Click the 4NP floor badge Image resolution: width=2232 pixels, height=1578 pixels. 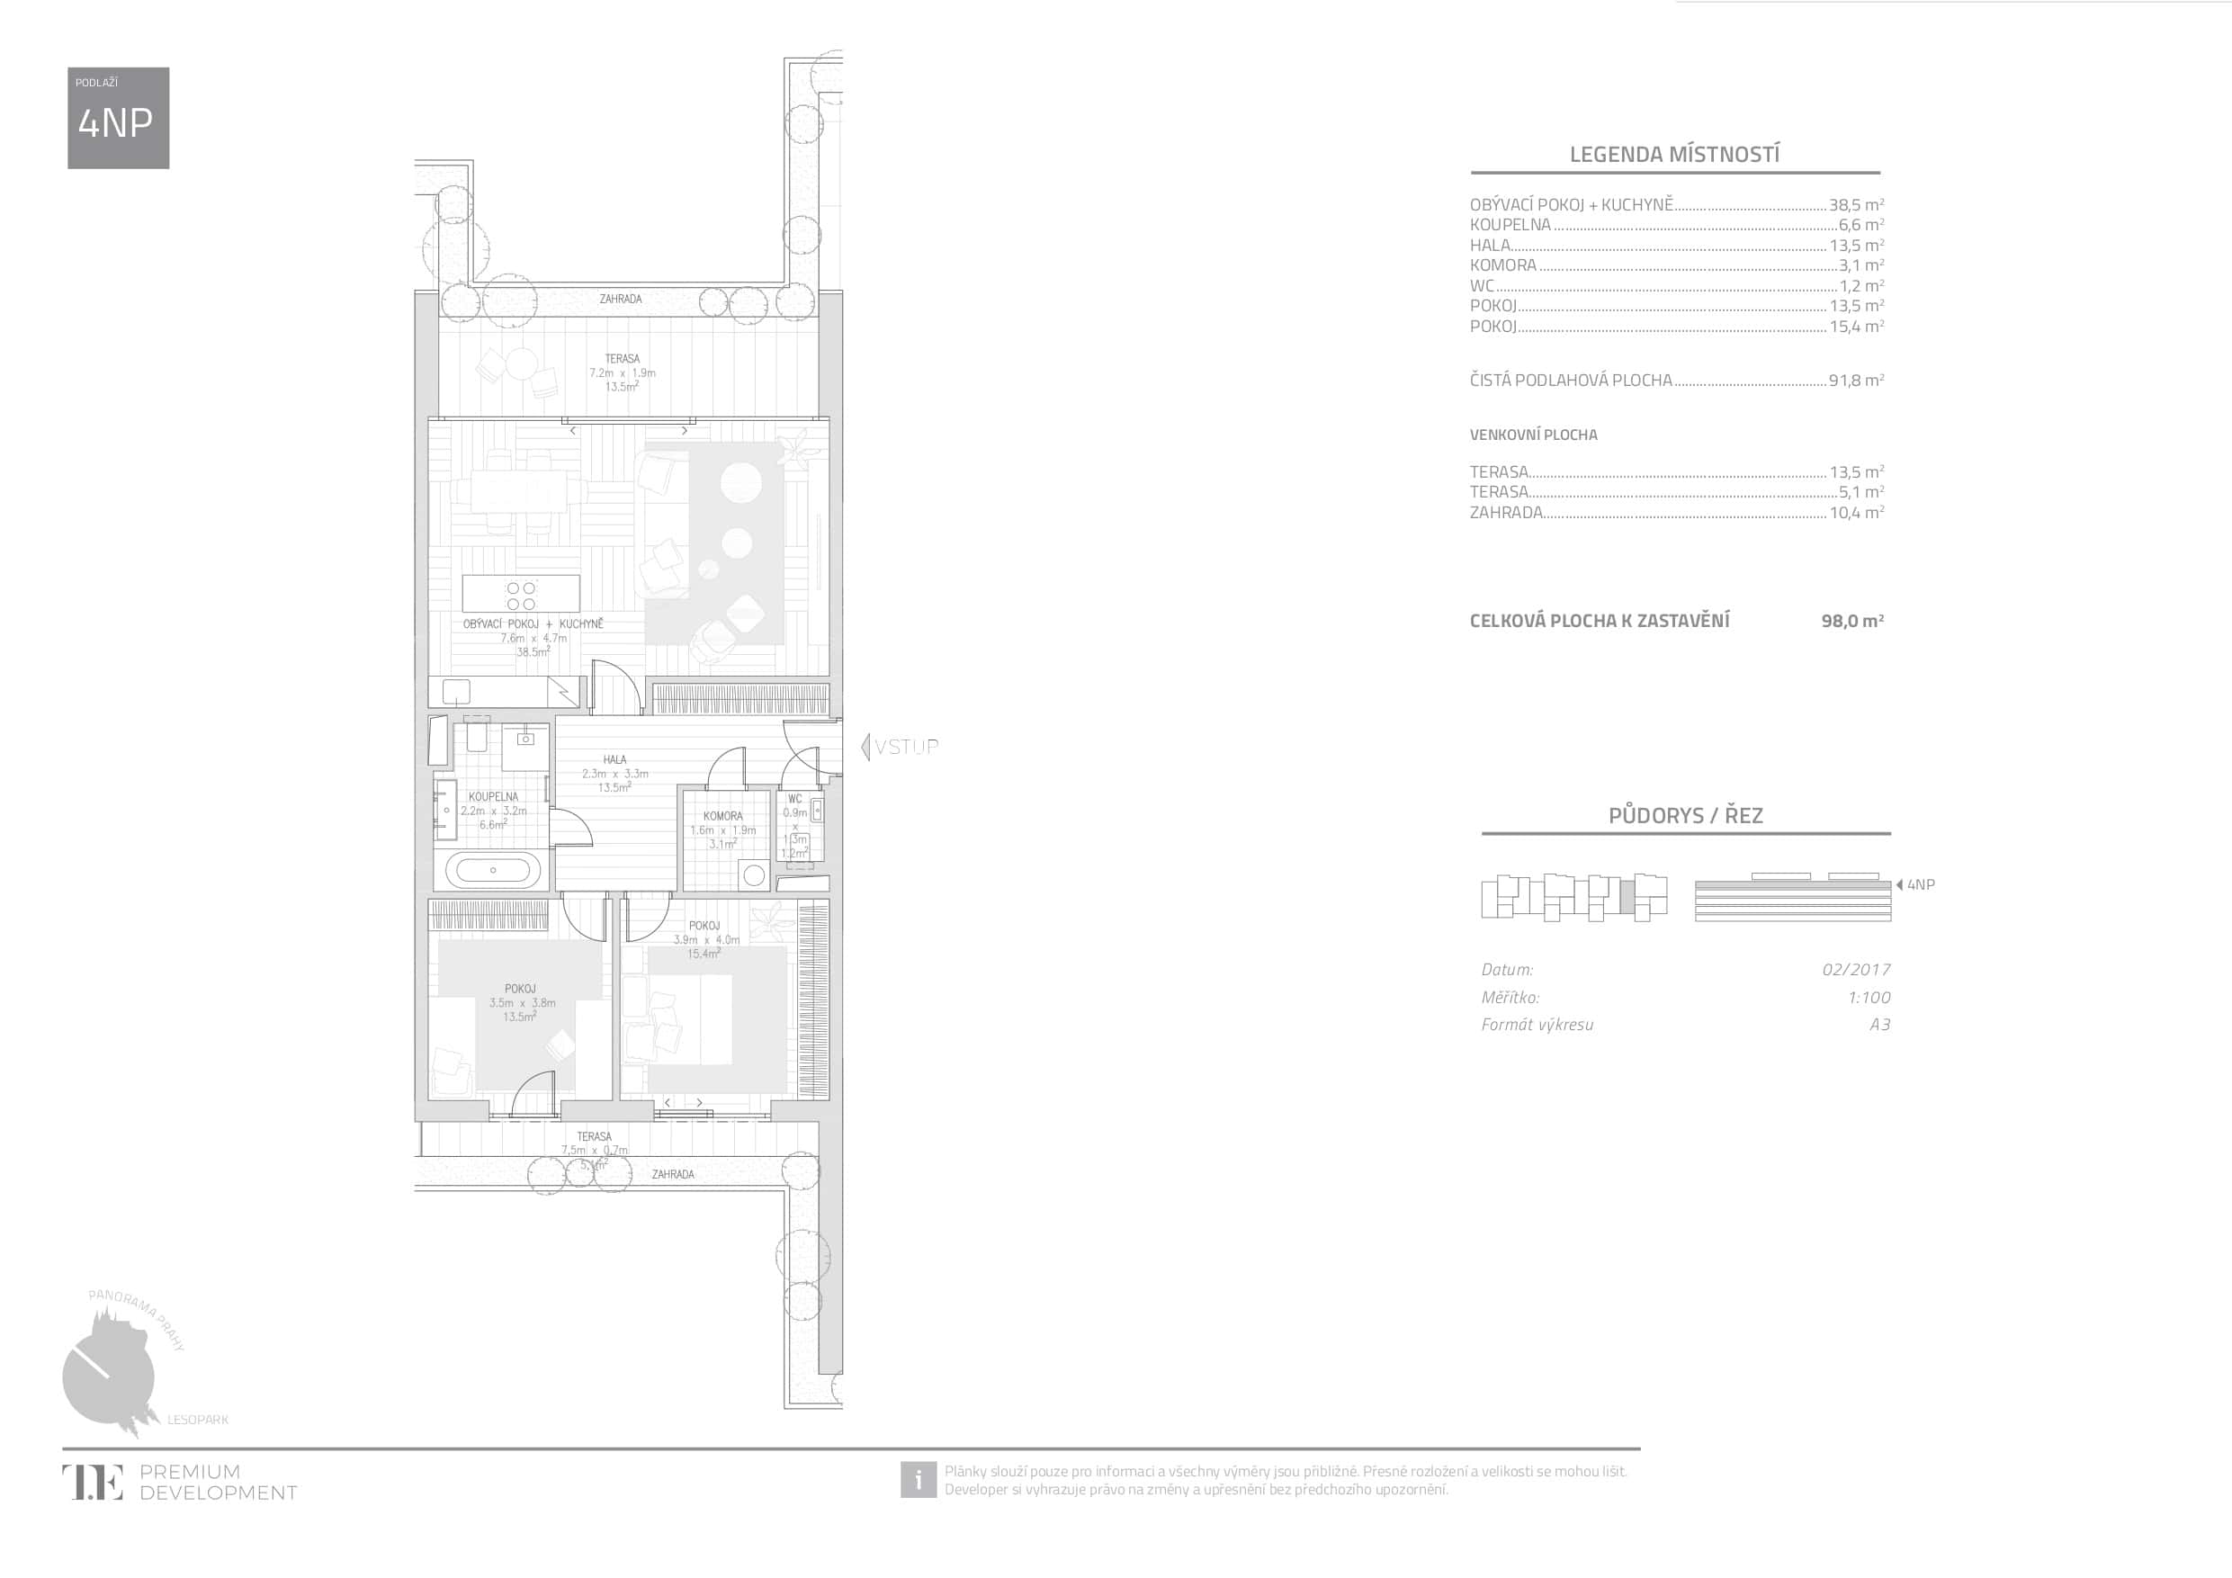tap(118, 118)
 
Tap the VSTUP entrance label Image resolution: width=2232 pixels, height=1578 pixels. tap(905, 747)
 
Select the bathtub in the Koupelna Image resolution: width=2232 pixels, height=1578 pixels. tap(493, 870)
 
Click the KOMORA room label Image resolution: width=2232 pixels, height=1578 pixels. tap(722, 816)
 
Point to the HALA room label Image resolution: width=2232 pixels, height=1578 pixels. tap(614, 759)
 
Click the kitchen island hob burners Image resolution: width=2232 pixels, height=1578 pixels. tap(521, 596)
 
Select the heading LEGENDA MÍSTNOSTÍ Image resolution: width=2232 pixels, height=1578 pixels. tap(1674, 155)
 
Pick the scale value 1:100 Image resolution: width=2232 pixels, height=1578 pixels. tap(1869, 998)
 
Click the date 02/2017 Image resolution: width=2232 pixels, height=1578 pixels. tap(1856, 969)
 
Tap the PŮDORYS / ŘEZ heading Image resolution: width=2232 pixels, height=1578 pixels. tap(1685, 816)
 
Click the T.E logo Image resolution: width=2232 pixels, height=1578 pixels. tap(94, 1482)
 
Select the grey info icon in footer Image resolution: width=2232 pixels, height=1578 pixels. tap(917, 1480)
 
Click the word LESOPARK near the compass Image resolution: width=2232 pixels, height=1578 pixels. tap(198, 1420)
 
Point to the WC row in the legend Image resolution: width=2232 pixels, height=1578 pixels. tap(1676, 286)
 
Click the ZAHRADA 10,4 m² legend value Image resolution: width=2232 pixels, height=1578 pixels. tap(1856, 513)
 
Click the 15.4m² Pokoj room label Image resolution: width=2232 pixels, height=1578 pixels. tap(703, 954)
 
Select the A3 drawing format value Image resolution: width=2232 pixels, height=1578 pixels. tap(1879, 1025)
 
